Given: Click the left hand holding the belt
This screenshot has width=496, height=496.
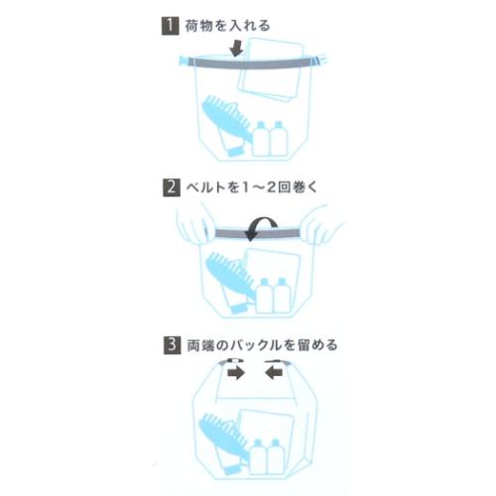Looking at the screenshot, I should tap(194, 230).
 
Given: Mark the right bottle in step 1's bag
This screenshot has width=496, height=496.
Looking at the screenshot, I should tap(277, 139).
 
